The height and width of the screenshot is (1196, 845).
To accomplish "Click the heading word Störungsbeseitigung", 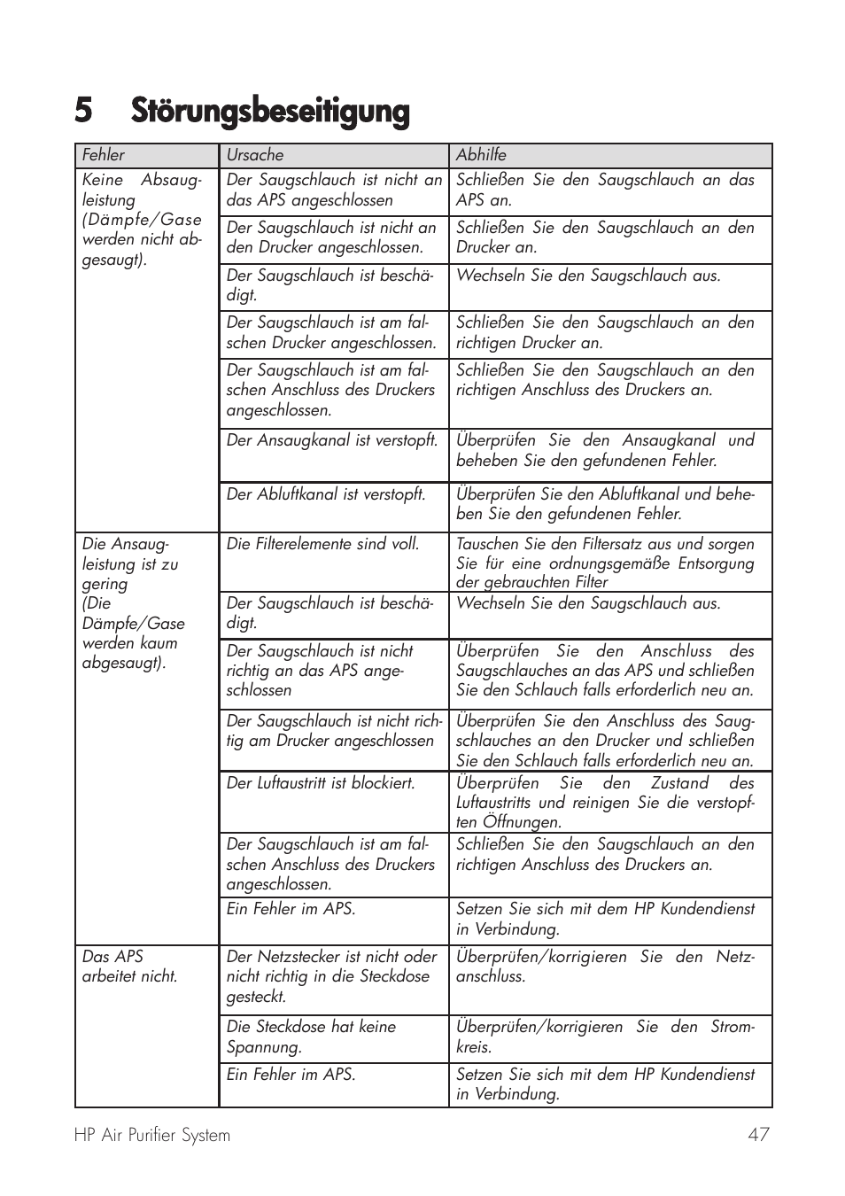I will [x=270, y=112].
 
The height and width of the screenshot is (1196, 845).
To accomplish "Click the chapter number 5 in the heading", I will [x=83, y=112].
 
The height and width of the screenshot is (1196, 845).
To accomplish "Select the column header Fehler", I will [x=104, y=155].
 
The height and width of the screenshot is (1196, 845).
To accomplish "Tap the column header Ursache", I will [x=255, y=155].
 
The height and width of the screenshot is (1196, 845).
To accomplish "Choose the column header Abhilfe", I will [x=481, y=155].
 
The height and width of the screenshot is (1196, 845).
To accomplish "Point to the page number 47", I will [x=758, y=1135].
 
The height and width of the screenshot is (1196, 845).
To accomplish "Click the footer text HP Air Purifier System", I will [x=152, y=1135].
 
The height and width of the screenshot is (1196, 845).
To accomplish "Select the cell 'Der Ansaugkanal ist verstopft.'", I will [x=332, y=440].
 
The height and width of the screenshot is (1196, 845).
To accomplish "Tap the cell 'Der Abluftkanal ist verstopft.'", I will [x=326, y=494].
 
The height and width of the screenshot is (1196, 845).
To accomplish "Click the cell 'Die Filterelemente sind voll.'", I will [x=322, y=544].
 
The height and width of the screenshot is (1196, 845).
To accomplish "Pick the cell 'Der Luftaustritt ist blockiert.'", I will [x=321, y=783].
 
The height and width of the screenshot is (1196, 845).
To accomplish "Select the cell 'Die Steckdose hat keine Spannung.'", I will [x=311, y=1037].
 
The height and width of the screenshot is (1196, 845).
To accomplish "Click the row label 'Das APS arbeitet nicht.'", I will [x=129, y=967].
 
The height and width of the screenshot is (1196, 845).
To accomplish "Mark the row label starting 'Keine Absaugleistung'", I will [x=142, y=219].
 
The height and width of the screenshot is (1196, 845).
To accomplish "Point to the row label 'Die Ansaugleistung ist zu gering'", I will [x=133, y=603].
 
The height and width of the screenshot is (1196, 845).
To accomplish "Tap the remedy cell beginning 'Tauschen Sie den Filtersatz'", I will [x=605, y=563].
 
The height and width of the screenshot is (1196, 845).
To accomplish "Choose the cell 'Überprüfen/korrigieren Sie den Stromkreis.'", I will [x=605, y=1037].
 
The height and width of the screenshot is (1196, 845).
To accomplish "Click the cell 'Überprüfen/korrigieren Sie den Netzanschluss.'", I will [x=605, y=967].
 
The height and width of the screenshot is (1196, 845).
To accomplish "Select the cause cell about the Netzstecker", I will [x=331, y=976].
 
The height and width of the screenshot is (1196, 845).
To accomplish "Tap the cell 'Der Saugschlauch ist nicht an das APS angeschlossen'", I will [x=334, y=190].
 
